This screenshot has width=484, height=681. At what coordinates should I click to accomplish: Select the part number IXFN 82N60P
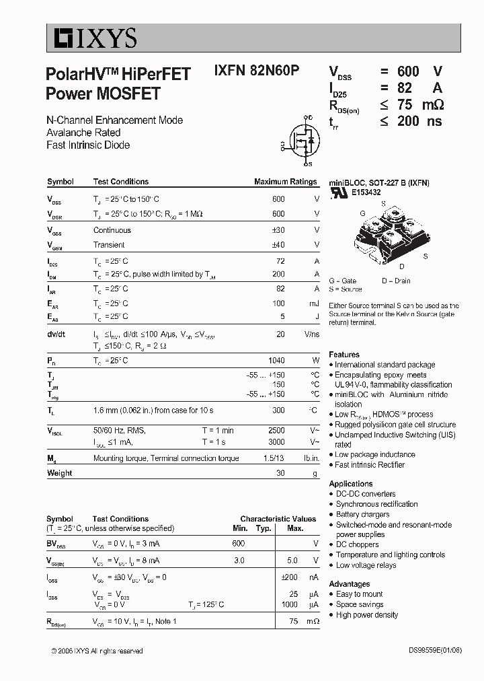click(257, 71)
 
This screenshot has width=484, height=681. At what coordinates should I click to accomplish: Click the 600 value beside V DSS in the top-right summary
click(408, 72)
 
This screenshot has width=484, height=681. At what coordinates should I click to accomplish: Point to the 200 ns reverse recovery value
click(417, 121)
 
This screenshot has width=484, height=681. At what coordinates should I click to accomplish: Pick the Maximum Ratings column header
click(285, 182)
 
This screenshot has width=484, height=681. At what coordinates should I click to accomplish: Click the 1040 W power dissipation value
click(276, 361)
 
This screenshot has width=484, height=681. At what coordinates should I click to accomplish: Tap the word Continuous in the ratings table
click(112, 230)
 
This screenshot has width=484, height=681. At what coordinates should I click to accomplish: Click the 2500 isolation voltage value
click(276, 430)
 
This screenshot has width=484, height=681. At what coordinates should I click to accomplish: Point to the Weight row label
click(59, 473)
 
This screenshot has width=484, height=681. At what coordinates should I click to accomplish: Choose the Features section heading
click(344, 355)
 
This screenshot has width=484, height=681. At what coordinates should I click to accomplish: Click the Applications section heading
click(351, 484)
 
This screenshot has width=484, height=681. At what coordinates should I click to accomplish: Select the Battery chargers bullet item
click(363, 514)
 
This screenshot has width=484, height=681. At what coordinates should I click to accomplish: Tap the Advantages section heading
click(350, 584)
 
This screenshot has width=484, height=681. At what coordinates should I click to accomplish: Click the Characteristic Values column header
click(278, 519)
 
